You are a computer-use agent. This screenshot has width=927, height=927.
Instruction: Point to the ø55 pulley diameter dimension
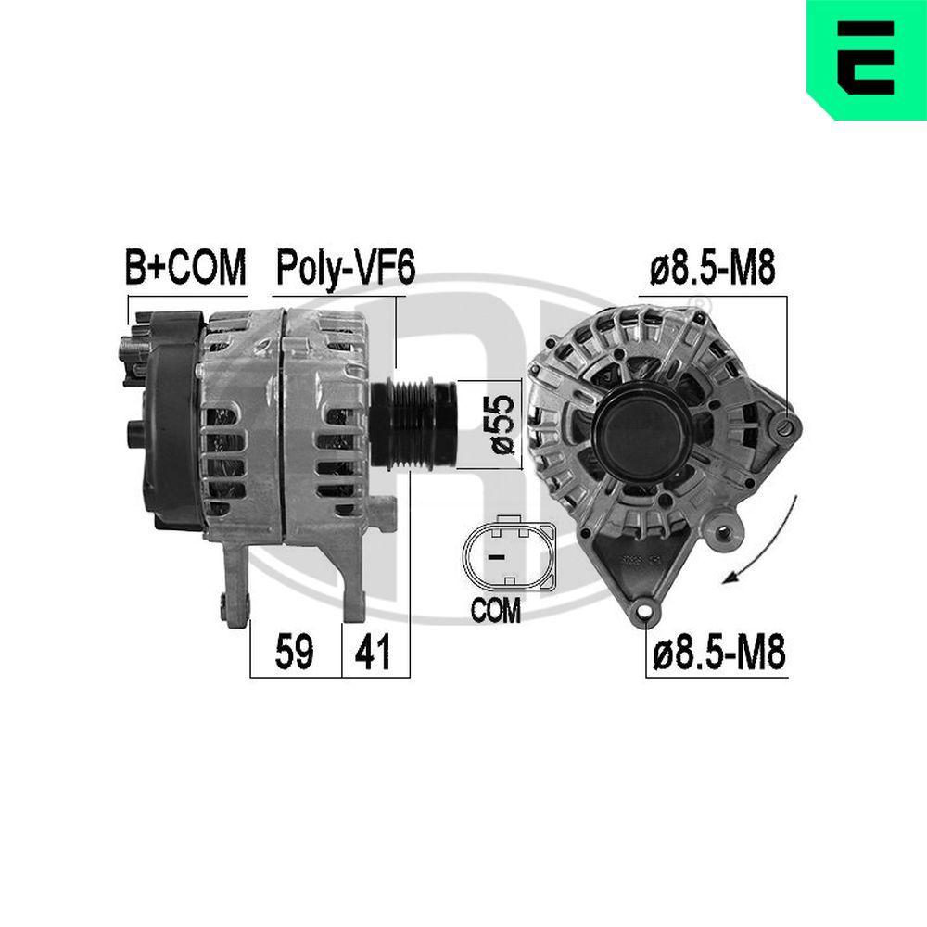[501, 424]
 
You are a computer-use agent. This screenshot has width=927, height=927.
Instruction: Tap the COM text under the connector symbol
[496, 612]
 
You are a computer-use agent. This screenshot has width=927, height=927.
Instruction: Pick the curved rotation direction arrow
[768, 547]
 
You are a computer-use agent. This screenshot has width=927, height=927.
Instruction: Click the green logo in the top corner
[866, 59]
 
